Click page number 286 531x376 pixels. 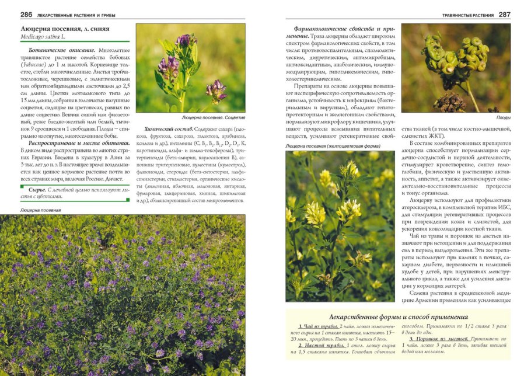[26, 15]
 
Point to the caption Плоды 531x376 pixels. [503, 117]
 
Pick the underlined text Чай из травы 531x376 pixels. [319, 326]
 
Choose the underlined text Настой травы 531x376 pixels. [320, 346]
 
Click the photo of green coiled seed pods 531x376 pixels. [456, 68]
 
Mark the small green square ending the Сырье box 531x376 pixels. [127, 200]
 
